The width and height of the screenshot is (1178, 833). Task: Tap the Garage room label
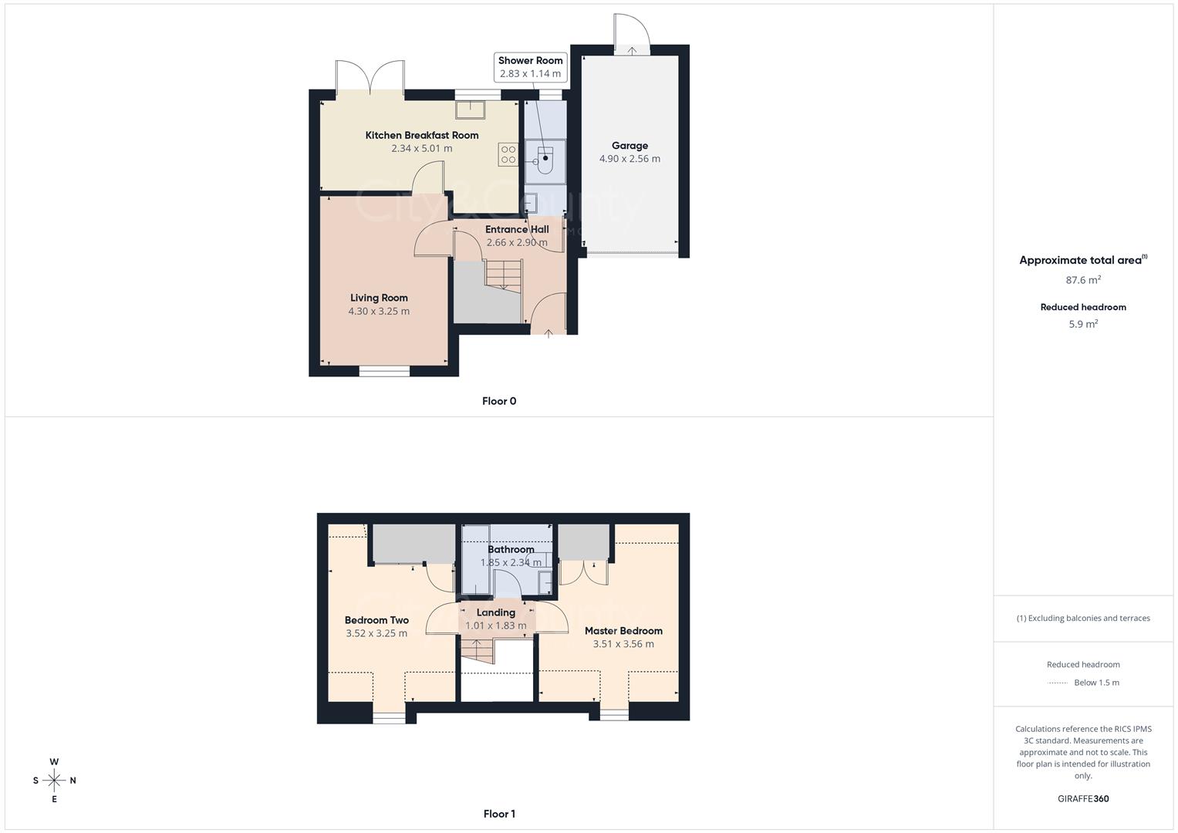(x=630, y=146)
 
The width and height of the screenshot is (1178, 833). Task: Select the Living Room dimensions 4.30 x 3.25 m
(x=379, y=312)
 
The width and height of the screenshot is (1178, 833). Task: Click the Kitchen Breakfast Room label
(x=422, y=136)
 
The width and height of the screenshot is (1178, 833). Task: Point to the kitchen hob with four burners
(x=508, y=154)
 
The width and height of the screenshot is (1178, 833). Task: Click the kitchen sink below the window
(x=470, y=110)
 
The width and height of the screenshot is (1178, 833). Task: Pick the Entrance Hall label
(x=517, y=230)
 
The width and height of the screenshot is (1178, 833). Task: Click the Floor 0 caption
(x=499, y=401)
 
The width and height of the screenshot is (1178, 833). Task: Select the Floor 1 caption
(x=499, y=814)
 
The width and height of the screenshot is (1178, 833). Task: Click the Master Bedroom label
(x=623, y=631)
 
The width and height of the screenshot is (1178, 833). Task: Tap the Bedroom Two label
(x=376, y=620)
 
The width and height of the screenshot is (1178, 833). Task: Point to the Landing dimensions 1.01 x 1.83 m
(x=496, y=626)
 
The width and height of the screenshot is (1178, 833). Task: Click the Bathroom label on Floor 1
(x=511, y=550)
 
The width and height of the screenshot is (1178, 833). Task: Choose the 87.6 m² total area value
(x=1083, y=281)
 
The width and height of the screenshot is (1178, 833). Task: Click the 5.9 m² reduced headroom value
(x=1083, y=325)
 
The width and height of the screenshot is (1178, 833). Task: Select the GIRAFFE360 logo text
(x=1083, y=799)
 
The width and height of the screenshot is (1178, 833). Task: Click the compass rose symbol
(x=54, y=781)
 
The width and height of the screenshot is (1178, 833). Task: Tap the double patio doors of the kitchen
(x=371, y=77)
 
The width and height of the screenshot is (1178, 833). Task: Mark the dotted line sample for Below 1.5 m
(x=1058, y=683)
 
